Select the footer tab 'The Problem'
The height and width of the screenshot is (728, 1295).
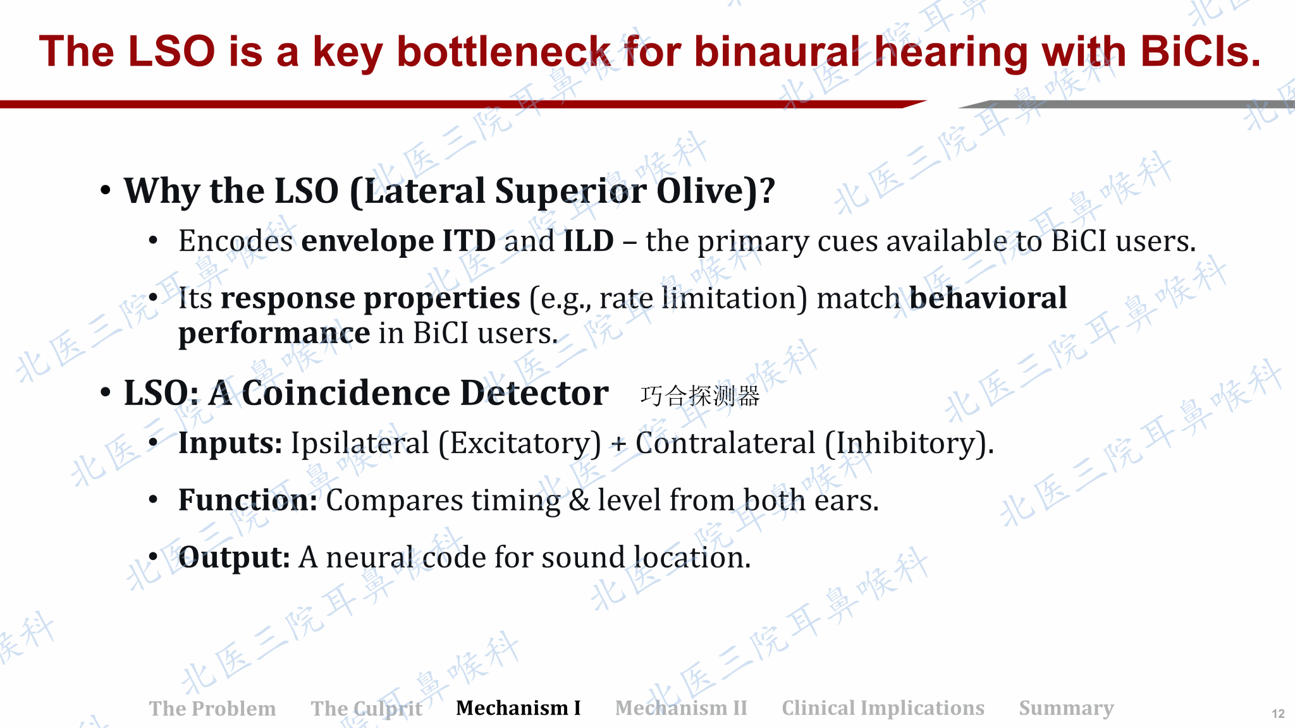(x=212, y=708)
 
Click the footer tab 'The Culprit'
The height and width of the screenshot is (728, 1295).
(x=367, y=708)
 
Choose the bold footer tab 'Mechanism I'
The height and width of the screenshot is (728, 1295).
(x=519, y=708)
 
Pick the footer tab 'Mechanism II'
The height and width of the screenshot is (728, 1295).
(x=681, y=708)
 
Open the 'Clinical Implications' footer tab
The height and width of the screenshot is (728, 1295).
(x=883, y=708)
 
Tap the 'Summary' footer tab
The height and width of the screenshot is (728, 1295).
(x=1066, y=708)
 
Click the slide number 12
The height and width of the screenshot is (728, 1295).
(x=1278, y=713)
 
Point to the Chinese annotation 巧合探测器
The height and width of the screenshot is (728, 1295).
(x=700, y=396)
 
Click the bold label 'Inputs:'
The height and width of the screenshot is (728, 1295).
(x=230, y=444)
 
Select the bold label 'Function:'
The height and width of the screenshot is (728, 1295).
(x=248, y=500)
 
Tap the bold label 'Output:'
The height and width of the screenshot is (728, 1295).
(x=234, y=557)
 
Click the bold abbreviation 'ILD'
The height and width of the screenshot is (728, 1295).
(x=589, y=241)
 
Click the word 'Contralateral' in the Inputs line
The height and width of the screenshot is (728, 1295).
(x=725, y=443)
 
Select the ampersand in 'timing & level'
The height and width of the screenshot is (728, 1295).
(x=579, y=500)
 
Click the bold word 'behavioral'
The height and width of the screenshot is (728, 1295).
(x=988, y=298)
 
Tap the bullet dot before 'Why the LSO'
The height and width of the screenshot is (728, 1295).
(x=106, y=190)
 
